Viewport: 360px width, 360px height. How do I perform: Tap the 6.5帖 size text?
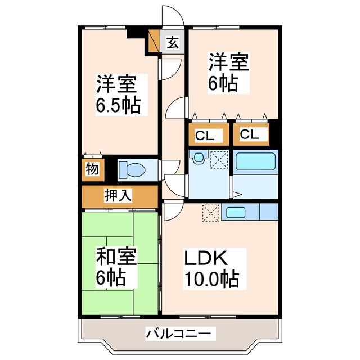pyautogui.click(x=118, y=105)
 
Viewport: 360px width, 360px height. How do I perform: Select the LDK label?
pyautogui.click(x=206, y=258)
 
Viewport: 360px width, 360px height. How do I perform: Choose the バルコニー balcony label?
pyautogui.click(x=180, y=334)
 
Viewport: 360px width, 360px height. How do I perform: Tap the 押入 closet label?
pyautogui.click(x=118, y=196)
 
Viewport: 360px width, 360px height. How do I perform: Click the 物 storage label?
pyautogui.click(x=91, y=169)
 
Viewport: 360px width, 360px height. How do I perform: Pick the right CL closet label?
pyautogui.click(x=250, y=135)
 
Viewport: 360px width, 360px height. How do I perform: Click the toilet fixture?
pyautogui.click(x=133, y=169)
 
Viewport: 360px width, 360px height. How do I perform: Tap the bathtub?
pyautogui.click(x=255, y=161)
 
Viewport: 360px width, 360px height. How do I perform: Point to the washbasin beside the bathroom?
pyautogui.click(x=197, y=159)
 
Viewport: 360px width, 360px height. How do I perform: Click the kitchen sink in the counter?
pyautogui.click(x=235, y=212)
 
